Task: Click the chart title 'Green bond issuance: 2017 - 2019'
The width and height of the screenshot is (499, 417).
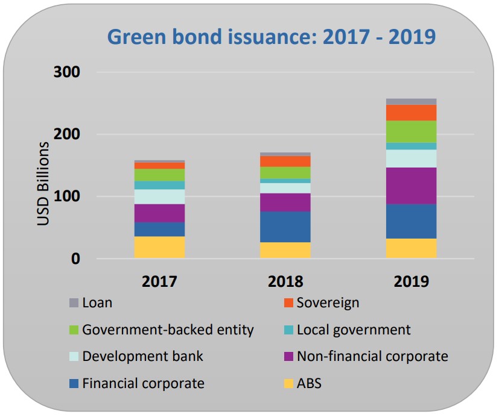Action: click(x=271, y=36)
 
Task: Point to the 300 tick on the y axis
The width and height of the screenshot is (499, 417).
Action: click(x=66, y=72)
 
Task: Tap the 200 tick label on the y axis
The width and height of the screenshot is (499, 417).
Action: click(x=66, y=134)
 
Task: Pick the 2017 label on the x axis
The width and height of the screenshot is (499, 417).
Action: click(x=159, y=281)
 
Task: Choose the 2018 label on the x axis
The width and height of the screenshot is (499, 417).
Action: click(x=285, y=281)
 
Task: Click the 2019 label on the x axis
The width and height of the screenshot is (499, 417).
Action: click(x=411, y=281)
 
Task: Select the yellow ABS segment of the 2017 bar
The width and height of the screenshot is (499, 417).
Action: click(x=159, y=247)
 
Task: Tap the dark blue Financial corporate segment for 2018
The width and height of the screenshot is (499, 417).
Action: click(x=285, y=227)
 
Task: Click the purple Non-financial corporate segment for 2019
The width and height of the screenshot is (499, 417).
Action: click(x=411, y=186)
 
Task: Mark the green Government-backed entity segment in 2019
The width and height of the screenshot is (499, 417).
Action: click(x=411, y=131)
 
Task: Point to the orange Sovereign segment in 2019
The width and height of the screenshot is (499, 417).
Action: click(x=411, y=112)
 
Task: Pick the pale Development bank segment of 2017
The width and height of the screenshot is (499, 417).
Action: click(x=159, y=196)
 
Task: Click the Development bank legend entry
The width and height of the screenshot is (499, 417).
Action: click(x=142, y=356)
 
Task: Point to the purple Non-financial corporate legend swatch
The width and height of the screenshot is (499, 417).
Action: click(x=288, y=357)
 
